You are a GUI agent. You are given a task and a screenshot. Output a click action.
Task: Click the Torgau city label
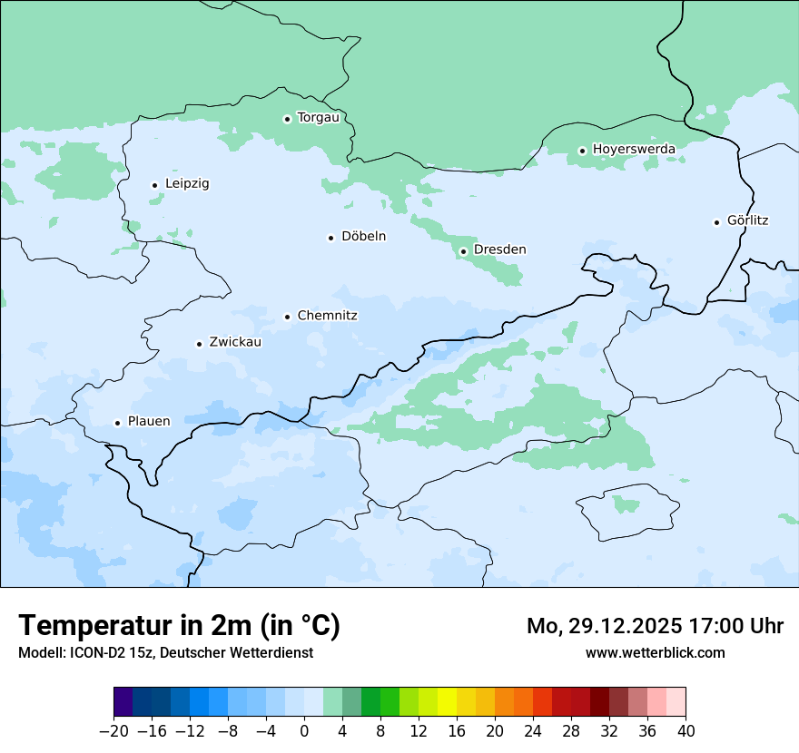click(x=318, y=118)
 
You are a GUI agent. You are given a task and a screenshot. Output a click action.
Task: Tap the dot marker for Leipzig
click(x=154, y=185)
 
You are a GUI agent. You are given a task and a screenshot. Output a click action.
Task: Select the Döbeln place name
click(x=363, y=237)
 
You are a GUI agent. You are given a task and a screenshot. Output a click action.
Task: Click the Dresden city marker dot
click(x=463, y=251)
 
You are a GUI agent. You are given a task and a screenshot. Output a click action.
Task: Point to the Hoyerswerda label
click(x=634, y=150)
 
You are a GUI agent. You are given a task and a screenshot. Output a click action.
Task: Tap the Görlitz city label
click(x=747, y=220)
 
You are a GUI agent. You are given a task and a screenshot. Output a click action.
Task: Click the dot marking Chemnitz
click(x=287, y=317)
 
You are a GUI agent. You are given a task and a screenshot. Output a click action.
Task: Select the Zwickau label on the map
click(x=235, y=343)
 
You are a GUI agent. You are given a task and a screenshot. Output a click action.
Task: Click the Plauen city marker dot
click(x=117, y=423)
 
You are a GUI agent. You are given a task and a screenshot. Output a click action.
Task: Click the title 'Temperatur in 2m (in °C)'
click(x=179, y=626)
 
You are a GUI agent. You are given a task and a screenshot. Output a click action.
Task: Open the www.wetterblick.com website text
click(x=655, y=652)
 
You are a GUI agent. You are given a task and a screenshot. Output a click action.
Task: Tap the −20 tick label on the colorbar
click(x=113, y=731)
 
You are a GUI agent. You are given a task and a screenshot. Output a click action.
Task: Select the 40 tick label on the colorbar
click(x=686, y=731)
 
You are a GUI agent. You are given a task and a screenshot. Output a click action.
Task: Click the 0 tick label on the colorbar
click(x=304, y=731)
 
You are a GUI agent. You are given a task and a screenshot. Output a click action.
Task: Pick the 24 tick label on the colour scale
click(x=533, y=731)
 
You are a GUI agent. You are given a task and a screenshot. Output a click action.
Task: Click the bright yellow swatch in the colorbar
click(x=447, y=701)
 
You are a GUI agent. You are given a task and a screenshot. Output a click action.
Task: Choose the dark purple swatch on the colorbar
click(x=123, y=701)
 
